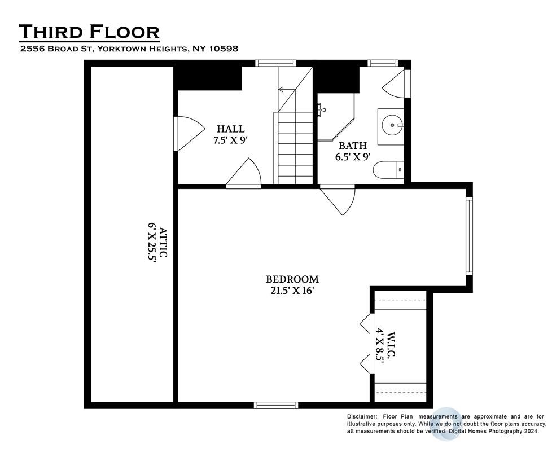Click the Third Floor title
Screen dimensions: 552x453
89,31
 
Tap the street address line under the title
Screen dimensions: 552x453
129,48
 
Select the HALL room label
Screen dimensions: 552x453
231,129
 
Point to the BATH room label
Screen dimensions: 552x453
353,146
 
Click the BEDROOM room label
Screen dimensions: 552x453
292,279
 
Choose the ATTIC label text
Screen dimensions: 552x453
163,243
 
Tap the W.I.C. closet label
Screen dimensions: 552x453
391,345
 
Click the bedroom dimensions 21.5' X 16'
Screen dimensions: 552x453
292,291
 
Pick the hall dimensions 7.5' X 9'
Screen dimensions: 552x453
231,140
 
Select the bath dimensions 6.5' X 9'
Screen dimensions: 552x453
353,157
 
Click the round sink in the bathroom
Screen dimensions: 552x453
392,125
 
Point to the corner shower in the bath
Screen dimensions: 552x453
336,117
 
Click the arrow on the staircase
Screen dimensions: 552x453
286,90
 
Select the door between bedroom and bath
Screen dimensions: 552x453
338,200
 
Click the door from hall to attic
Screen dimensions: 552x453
190,134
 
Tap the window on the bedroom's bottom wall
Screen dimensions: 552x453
276,405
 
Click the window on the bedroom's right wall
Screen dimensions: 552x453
469,236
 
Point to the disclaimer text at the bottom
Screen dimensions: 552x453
446,424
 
